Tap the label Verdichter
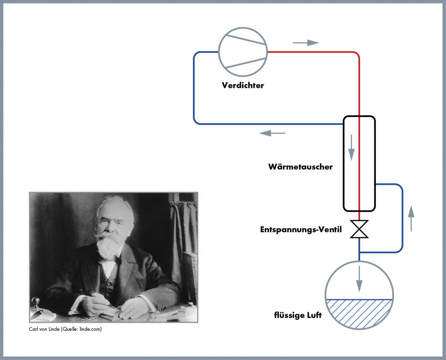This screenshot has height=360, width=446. coord(243,85)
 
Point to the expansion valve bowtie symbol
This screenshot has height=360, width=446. coord(359,229)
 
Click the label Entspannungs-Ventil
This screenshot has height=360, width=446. coord(301,229)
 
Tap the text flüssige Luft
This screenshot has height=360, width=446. coord(298,315)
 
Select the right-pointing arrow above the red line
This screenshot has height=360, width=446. coord(306,43)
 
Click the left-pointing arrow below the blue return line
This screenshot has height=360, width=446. coord(272,133)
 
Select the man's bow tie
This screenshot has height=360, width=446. coord(117,260)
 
